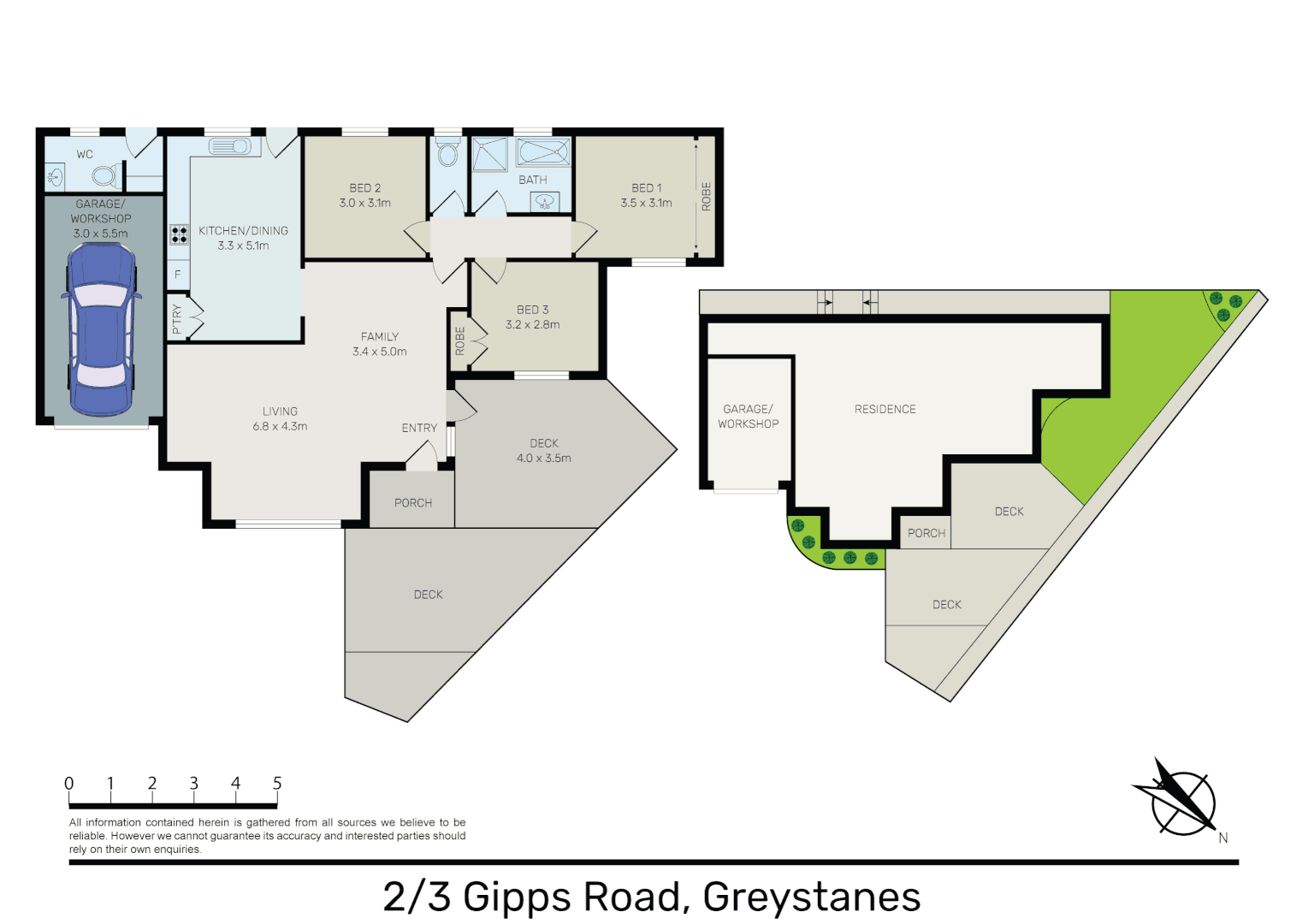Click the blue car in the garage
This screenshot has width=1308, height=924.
coord(101,329)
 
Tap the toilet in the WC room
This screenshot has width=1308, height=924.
coord(104,176)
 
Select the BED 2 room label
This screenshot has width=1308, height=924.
coord(364,187)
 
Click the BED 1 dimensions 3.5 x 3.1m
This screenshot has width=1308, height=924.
coord(646,204)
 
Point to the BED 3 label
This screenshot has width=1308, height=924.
coord(532,310)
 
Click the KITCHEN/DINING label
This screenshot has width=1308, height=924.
coord(243,231)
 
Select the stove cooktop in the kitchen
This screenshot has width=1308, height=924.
coord(179,234)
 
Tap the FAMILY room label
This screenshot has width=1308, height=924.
coord(379,337)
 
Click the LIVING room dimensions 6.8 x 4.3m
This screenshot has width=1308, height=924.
coord(280,426)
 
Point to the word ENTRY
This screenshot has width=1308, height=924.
coord(419,428)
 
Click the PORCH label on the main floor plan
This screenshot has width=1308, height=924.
coord(412,503)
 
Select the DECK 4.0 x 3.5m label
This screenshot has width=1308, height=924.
coord(543,451)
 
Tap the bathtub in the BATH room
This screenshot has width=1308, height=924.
coord(543,153)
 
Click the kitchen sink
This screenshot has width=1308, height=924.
coord(229,147)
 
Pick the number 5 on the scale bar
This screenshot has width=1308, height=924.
coord(277,783)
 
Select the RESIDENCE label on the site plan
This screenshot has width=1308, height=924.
coord(885,410)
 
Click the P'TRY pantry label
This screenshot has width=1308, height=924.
coord(177,319)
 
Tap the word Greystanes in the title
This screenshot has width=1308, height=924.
coord(811,897)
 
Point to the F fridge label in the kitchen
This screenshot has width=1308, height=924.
coord(178,275)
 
